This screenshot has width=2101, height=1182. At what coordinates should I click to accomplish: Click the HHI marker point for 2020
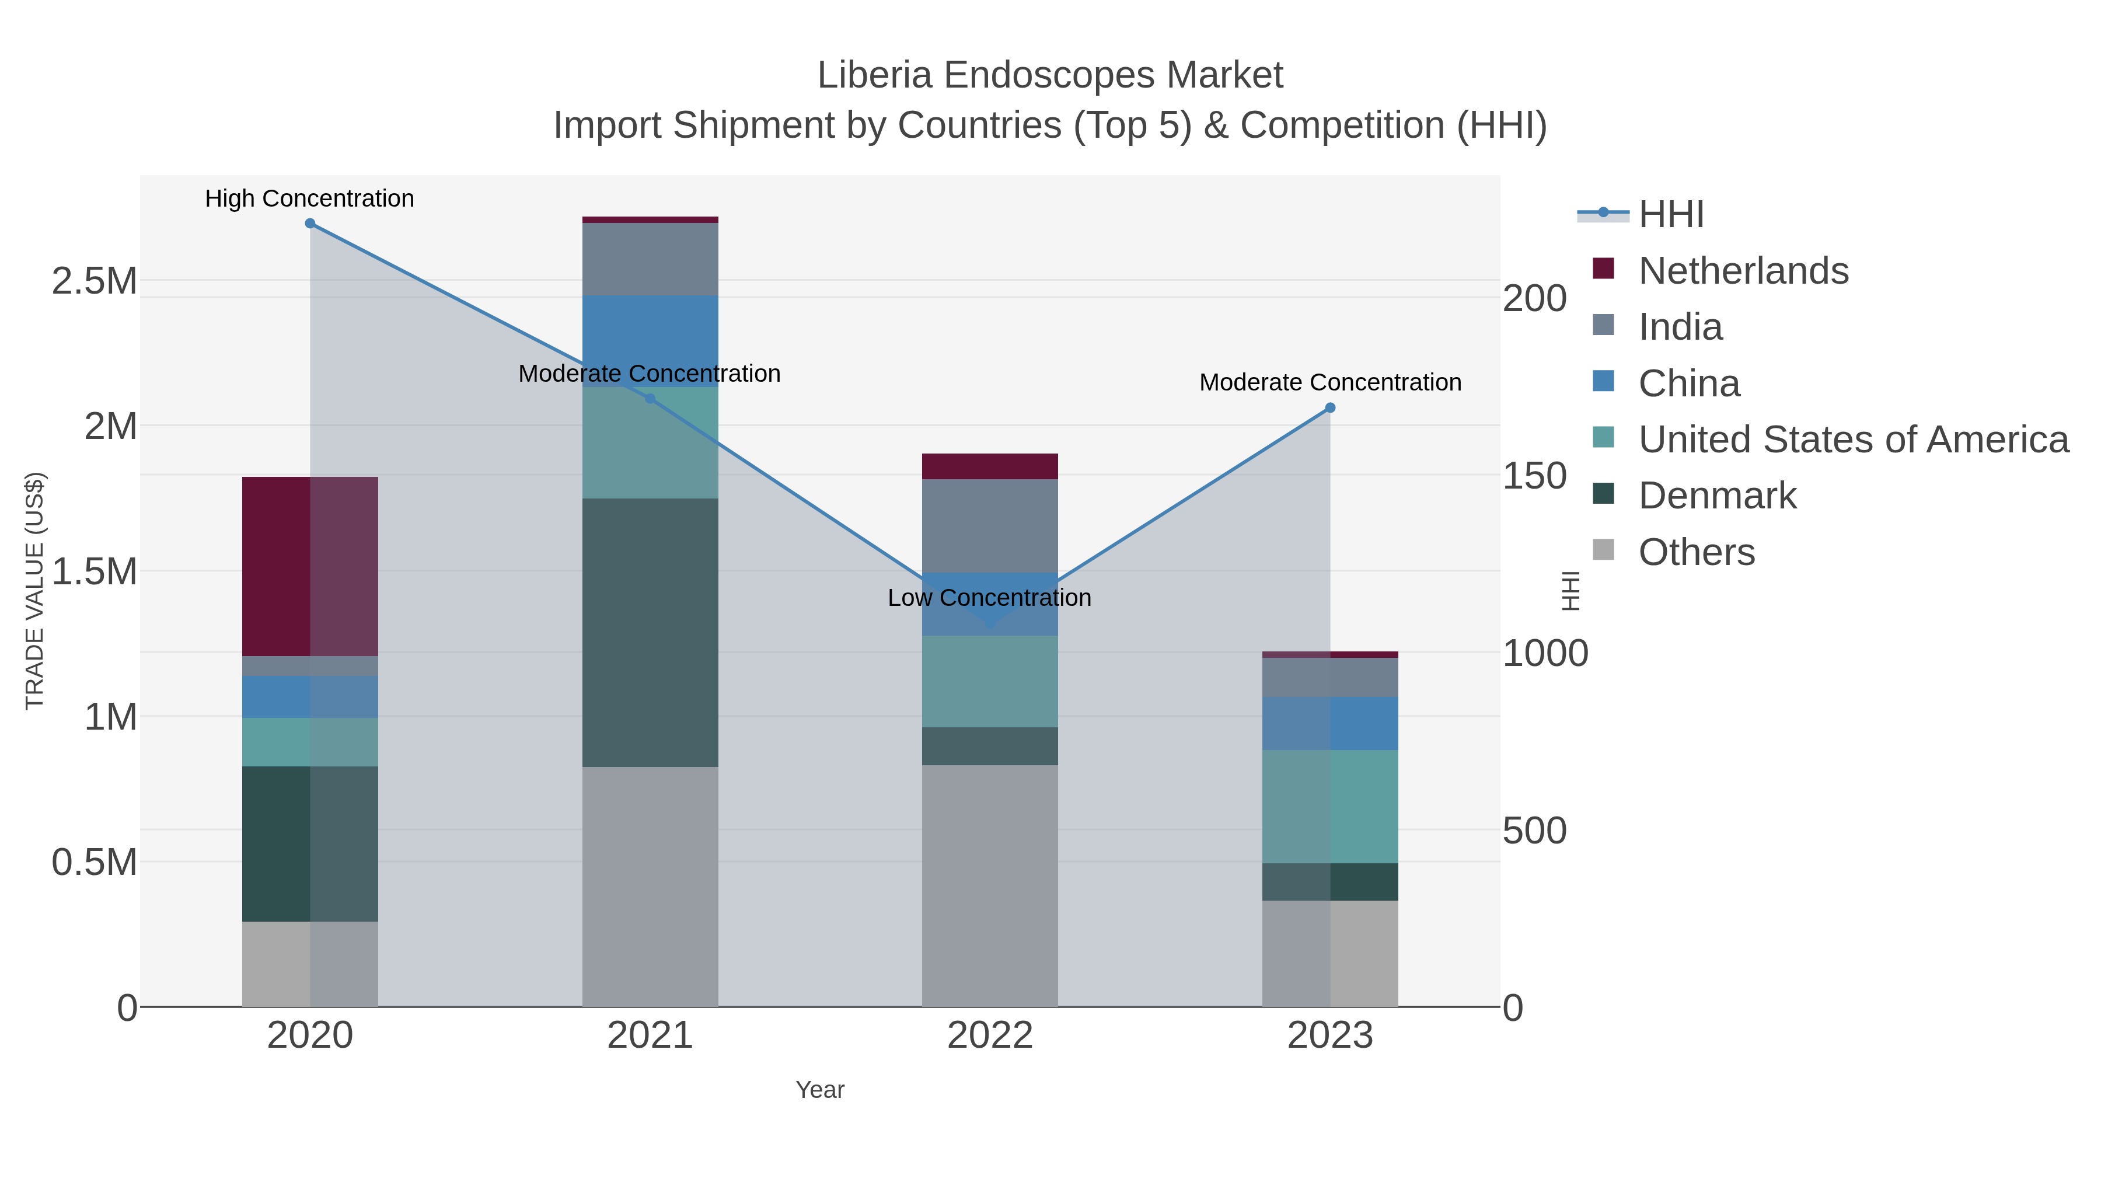pos(310,224)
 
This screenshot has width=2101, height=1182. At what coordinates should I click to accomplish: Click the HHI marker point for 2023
pos(1330,408)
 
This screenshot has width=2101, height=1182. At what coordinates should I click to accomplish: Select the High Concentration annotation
pos(309,199)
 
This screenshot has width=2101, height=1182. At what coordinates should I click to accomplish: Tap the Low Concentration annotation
pos(989,598)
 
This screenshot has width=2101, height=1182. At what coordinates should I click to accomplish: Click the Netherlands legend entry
pos(1743,271)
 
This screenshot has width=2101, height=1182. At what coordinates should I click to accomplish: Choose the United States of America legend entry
pos(1852,440)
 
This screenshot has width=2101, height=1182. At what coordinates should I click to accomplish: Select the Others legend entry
pos(1697,552)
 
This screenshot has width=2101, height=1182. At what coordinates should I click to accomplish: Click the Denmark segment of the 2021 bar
pos(650,632)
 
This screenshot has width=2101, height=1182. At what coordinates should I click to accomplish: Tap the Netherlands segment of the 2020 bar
pos(310,566)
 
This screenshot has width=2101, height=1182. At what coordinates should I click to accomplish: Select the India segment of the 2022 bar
pos(989,526)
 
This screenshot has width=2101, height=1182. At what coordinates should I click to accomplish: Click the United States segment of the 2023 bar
pos(1330,806)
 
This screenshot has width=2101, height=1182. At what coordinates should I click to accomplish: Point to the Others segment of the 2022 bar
pos(989,885)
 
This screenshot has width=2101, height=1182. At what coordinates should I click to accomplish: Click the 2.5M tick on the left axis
pos(95,281)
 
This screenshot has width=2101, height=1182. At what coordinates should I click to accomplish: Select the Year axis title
pos(820,1090)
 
